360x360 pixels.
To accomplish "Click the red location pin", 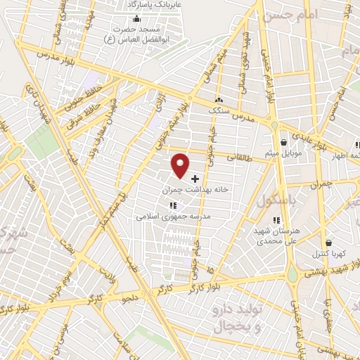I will tap(181, 165).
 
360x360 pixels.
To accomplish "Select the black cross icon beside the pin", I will tap(195, 179).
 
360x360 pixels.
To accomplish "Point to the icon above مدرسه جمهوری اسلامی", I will tap(173, 205).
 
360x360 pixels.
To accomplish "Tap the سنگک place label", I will tap(218, 110).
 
